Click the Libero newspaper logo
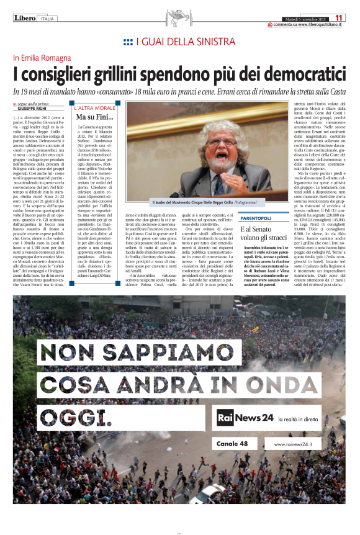[x=25, y=18]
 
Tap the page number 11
[x=339, y=18]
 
